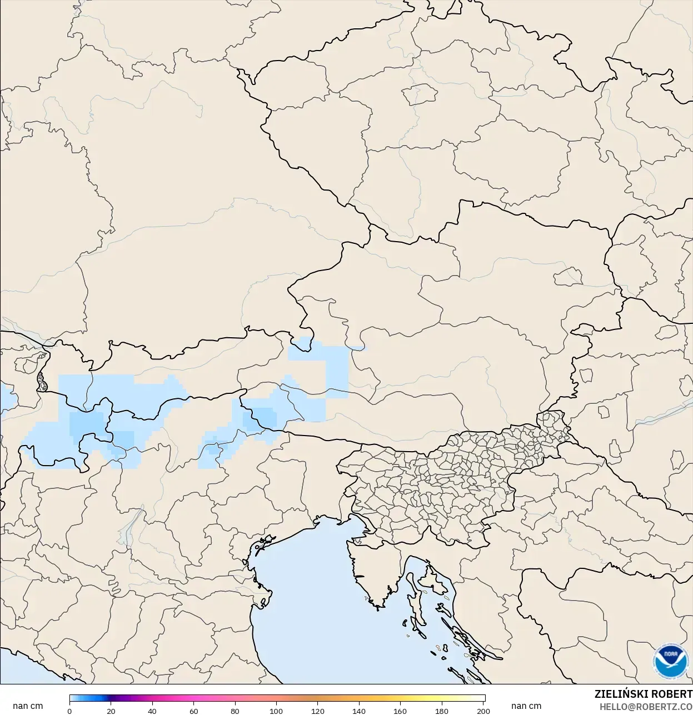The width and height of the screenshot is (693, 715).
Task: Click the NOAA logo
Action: tap(671, 661)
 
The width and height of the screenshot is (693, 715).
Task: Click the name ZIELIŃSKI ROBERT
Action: tap(643, 694)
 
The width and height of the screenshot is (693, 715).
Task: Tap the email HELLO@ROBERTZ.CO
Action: tap(646, 707)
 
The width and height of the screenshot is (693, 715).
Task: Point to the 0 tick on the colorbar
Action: tap(69, 711)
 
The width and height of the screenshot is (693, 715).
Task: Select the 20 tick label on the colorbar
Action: tap(111, 711)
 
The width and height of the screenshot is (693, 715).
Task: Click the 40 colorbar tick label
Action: tap(152, 711)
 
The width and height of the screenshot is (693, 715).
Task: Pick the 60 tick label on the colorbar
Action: tap(194, 711)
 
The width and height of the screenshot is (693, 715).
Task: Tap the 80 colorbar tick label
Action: tap(235, 711)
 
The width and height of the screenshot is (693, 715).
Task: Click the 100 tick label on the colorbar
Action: tap(276, 711)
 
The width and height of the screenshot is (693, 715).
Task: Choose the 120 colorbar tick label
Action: tap(318, 711)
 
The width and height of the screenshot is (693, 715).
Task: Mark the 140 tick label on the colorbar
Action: tap(359, 711)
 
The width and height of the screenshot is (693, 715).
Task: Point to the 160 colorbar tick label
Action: tap(400, 711)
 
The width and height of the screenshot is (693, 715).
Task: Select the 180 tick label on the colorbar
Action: tap(442, 711)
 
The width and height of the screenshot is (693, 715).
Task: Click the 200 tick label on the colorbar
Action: tap(483, 711)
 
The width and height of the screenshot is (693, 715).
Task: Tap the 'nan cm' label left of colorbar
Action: tap(28, 706)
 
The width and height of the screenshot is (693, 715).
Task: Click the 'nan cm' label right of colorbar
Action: tap(526, 706)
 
